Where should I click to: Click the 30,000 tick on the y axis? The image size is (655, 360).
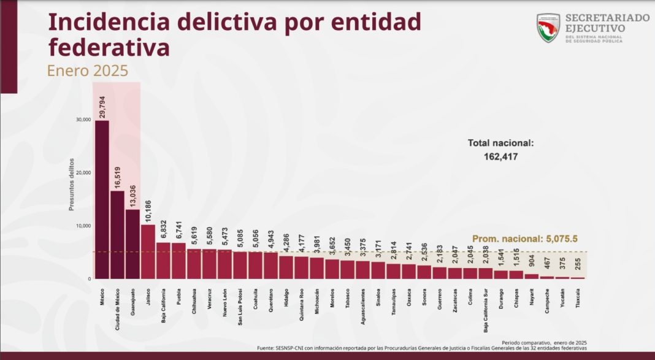(x=83, y=120)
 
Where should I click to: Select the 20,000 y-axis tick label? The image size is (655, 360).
(x=83, y=173)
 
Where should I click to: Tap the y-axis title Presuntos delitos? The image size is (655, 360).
(x=71, y=184)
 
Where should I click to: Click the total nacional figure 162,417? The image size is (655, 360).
(x=501, y=156)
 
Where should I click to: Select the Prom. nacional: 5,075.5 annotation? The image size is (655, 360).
(x=526, y=240)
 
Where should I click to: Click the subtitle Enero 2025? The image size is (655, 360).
(x=88, y=71)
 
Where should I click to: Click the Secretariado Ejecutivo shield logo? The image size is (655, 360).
(x=548, y=28)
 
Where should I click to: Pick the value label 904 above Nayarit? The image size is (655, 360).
(x=532, y=262)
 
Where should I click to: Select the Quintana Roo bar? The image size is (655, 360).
(x=301, y=267)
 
